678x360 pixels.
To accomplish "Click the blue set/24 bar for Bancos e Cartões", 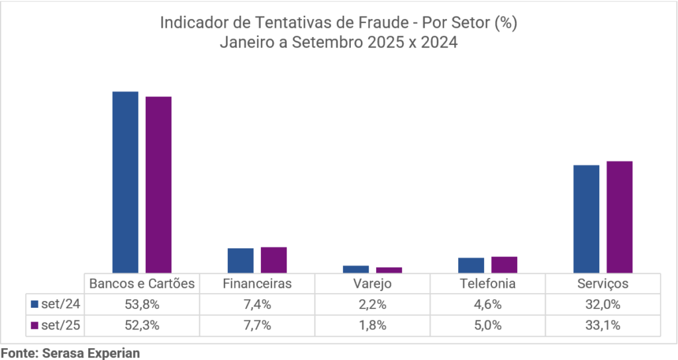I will point(125,181).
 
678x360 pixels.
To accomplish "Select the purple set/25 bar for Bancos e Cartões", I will point(158,184).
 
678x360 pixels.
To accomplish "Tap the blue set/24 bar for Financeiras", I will point(240,260).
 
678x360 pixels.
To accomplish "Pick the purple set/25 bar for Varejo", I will point(389,269).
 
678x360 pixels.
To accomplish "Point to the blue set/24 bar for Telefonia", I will point(471,265).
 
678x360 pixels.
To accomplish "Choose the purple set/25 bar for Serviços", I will point(619,216).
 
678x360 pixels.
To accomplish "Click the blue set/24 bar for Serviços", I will point(586,218).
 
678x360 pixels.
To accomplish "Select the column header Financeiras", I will point(258,283).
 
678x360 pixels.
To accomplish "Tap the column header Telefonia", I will point(487,283).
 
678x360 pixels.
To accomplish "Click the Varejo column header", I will point(372,283).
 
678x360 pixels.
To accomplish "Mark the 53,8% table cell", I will point(142,304).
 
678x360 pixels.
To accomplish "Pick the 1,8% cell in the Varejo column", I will point(372,326).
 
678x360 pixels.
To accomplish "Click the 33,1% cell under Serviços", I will point(602,326).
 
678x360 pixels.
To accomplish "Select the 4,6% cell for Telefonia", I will point(487,304).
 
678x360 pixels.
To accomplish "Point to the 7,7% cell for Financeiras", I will point(258,326).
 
